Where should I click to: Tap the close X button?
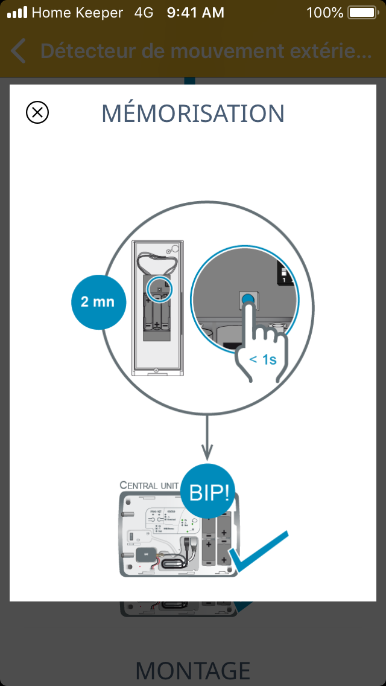point(37,112)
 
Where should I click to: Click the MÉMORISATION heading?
point(193,113)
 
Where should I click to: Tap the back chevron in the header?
point(19,51)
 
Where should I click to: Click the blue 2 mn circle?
point(98,301)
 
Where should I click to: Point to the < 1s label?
point(262,359)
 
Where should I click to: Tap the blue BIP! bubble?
point(209,492)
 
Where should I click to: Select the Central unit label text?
point(150,485)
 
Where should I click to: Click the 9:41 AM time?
point(195,12)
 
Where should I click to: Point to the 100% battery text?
point(324,12)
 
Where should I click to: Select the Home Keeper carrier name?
point(77,12)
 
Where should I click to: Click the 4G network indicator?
point(144,12)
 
